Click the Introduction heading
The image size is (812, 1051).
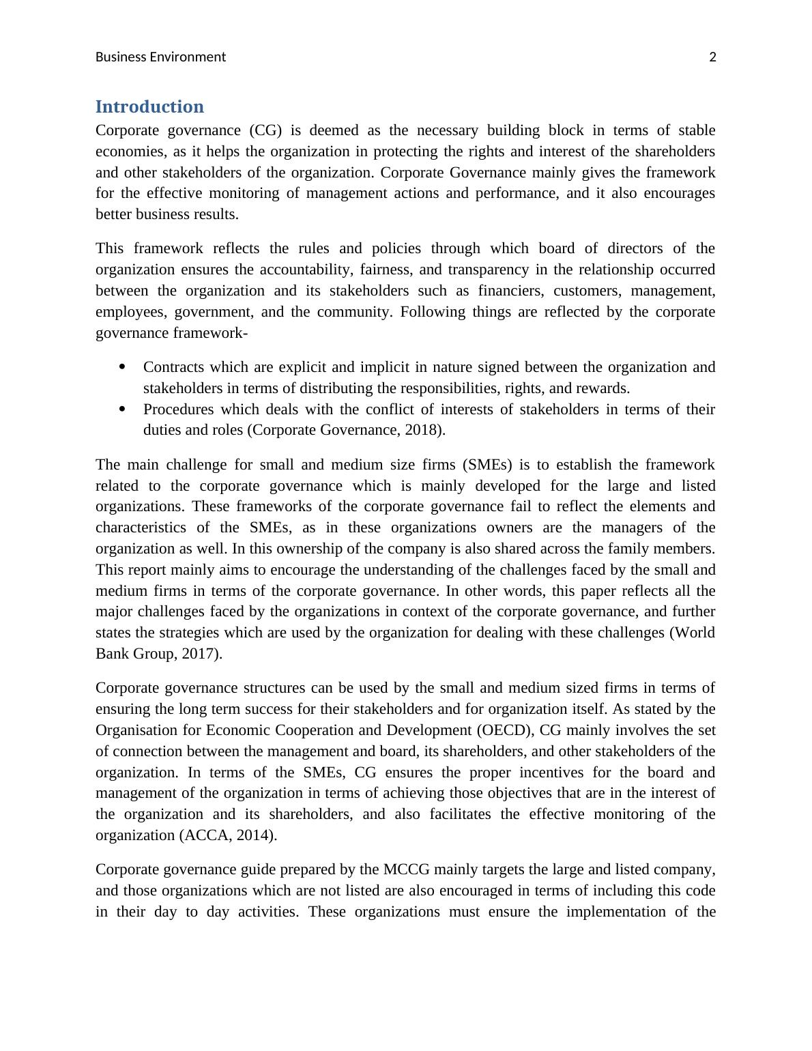[x=149, y=107]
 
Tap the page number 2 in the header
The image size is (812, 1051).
[x=712, y=57]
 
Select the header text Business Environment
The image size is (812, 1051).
[x=160, y=57]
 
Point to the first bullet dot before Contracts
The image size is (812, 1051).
[x=123, y=367]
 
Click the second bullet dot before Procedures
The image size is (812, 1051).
[x=123, y=409]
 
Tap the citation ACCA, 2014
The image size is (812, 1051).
[x=228, y=835]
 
